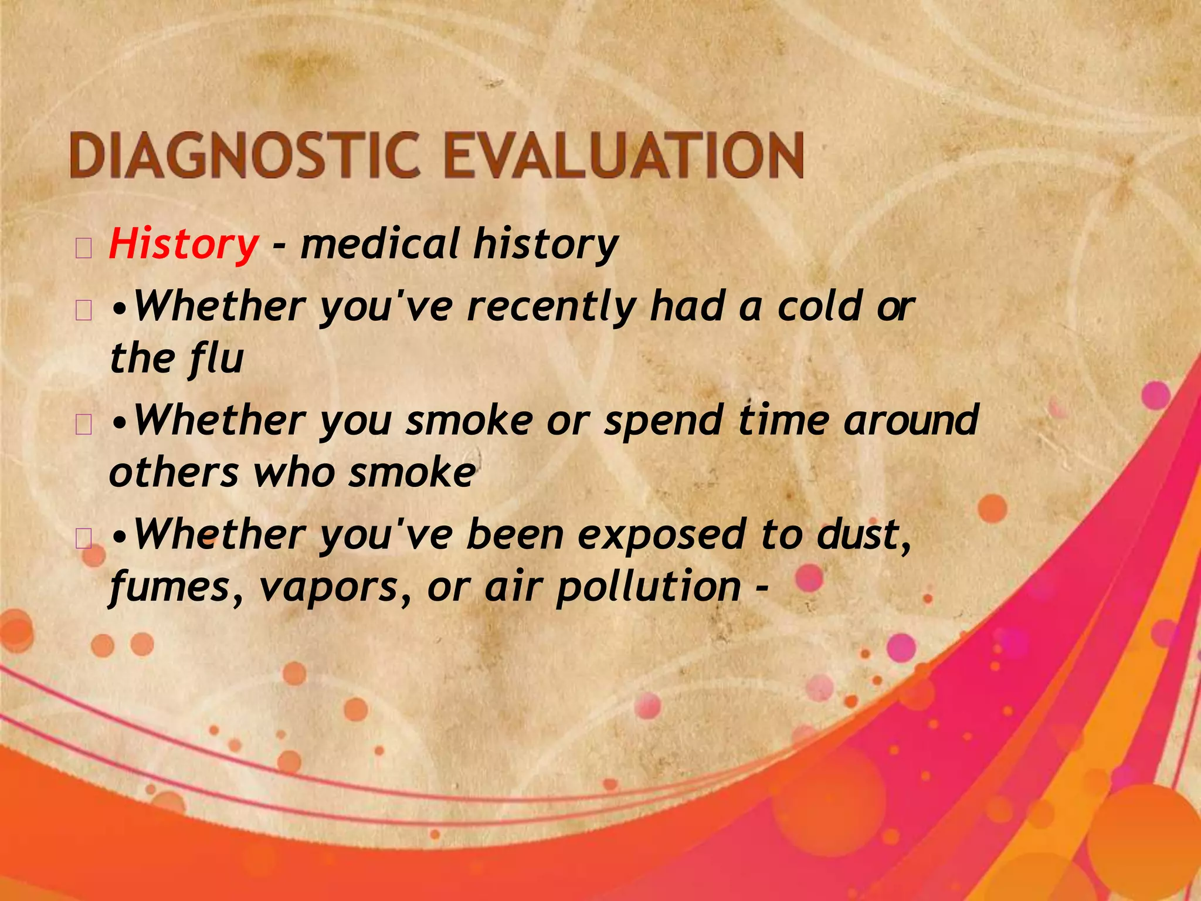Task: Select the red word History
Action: [x=183, y=244]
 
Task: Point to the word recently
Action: [x=552, y=307]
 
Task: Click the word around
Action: [x=911, y=421]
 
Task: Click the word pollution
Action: [x=648, y=587]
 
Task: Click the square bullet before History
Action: [x=83, y=249]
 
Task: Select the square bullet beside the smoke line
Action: [x=83, y=425]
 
